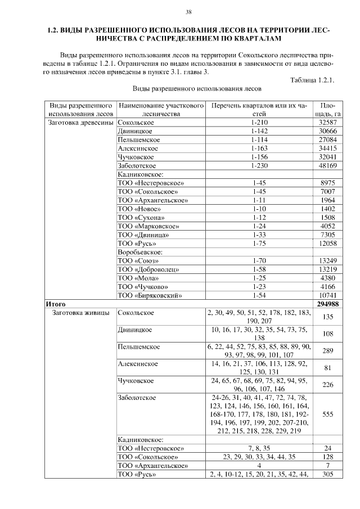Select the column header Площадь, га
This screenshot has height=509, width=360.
[327, 109]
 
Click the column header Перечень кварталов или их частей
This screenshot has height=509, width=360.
[259, 109]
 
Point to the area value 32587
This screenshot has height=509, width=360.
[327, 122]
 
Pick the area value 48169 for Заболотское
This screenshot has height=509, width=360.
[327, 166]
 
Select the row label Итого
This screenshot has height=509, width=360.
[56, 304]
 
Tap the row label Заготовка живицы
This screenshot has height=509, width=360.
[80, 313]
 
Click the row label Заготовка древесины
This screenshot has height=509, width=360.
[81, 122]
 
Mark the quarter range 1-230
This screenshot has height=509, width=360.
[259, 166]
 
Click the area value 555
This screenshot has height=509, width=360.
[327, 413]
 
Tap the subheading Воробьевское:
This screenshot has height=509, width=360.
[140, 252]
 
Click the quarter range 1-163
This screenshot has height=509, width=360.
[259, 148]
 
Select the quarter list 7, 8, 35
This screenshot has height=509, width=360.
[259, 448]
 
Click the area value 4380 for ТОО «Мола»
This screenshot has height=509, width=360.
[327, 278]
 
